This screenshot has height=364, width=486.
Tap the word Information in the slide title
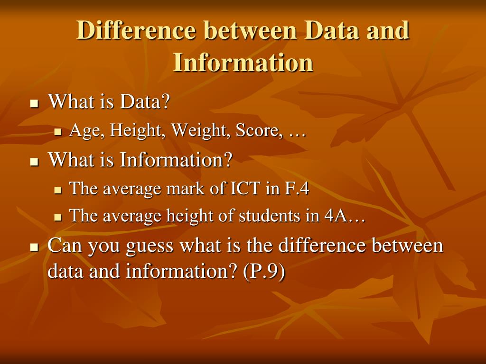click(x=243, y=62)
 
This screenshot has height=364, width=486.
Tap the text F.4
click(x=297, y=189)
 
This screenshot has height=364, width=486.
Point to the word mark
click(x=182, y=189)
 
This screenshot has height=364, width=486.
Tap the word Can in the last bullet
click(x=63, y=246)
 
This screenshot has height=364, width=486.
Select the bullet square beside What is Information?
click(x=34, y=162)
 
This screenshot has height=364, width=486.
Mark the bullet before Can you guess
click(x=34, y=247)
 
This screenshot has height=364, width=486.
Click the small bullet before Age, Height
click(x=58, y=132)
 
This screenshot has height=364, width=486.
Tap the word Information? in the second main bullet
click(x=176, y=160)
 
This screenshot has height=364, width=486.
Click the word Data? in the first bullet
click(x=144, y=101)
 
